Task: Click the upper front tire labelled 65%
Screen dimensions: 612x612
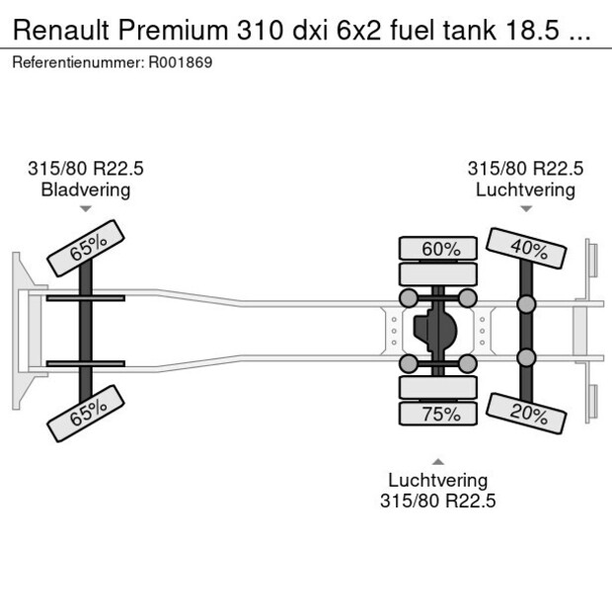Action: pos(87,249)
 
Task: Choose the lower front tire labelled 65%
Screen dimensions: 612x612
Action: pos(87,414)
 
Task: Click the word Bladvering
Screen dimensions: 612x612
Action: pos(86,190)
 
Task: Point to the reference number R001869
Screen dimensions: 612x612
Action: pos(182,62)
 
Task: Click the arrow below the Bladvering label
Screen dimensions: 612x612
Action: pos(86,209)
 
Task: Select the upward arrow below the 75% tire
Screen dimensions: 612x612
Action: pos(438,461)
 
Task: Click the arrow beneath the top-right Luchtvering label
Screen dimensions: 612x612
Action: pos(525,208)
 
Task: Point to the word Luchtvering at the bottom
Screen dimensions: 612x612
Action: pos(438,481)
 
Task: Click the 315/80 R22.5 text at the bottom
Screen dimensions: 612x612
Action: pos(438,500)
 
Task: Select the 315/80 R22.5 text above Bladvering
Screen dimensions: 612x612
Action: pos(86,169)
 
